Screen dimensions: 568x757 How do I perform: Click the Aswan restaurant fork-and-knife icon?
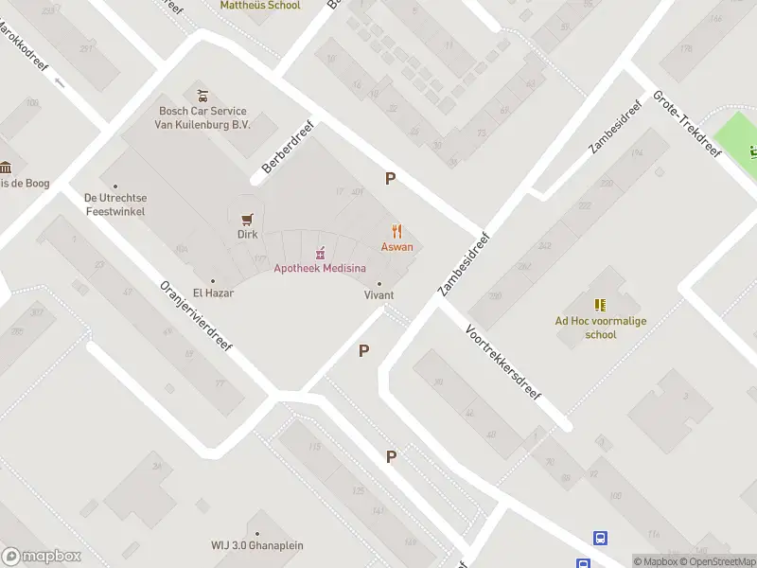[397, 231]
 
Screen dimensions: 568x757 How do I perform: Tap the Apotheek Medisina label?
[320, 268]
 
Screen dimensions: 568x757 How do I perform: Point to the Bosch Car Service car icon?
[202, 96]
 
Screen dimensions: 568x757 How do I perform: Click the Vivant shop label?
[379, 295]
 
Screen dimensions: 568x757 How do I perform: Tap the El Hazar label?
[213, 293]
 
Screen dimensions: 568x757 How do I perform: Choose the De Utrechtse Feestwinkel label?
[114, 204]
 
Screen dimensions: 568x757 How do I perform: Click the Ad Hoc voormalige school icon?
[600, 305]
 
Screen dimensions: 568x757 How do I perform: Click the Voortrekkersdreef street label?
[502, 363]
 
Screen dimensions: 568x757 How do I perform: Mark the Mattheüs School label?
[260, 6]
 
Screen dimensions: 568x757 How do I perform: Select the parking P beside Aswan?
[390, 178]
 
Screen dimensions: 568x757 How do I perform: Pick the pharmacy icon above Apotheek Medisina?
[320, 252]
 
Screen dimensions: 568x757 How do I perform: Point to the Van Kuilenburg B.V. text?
[204, 125]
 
